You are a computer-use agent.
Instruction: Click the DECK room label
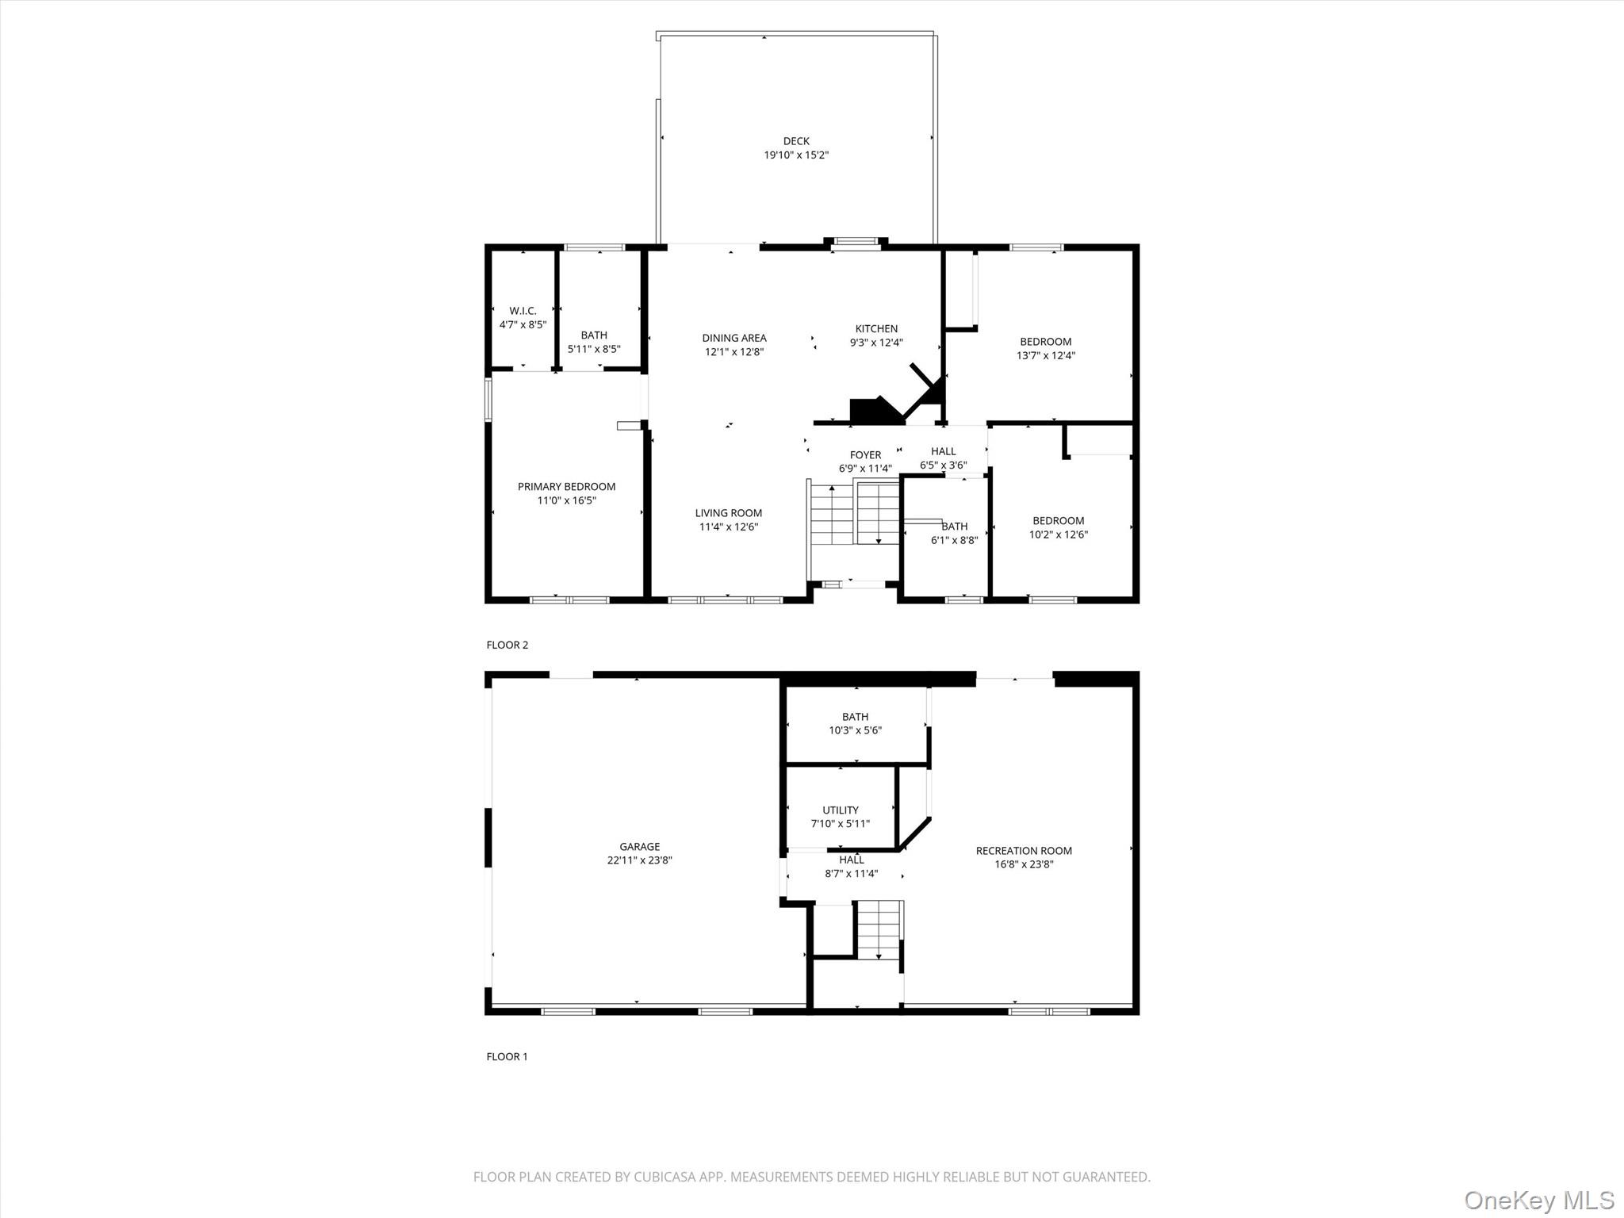(796, 141)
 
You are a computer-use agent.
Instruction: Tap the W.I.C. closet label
(523, 311)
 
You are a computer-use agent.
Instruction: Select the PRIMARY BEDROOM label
(566, 487)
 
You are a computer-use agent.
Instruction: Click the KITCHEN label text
(876, 329)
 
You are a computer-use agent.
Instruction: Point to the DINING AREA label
(733, 338)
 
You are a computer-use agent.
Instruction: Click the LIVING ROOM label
(728, 513)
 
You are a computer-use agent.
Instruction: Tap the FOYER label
(865, 455)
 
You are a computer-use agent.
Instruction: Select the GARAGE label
(639, 847)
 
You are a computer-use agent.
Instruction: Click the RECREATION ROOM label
(1024, 851)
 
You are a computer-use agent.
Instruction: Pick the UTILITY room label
(840, 810)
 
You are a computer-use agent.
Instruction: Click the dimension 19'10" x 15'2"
(796, 155)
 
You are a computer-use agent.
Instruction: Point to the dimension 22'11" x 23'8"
(639, 860)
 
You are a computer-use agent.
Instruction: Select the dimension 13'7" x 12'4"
(1045, 356)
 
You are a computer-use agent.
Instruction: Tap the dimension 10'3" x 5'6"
(855, 730)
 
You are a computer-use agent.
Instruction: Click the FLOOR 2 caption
(507, 645)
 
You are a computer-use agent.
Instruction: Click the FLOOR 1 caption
(507, 1056)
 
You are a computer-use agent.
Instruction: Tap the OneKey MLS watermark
(1538, 1200)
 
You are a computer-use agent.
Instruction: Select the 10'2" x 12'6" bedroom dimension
(1058, 534)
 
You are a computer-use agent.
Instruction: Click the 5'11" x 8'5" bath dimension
(593, 349)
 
